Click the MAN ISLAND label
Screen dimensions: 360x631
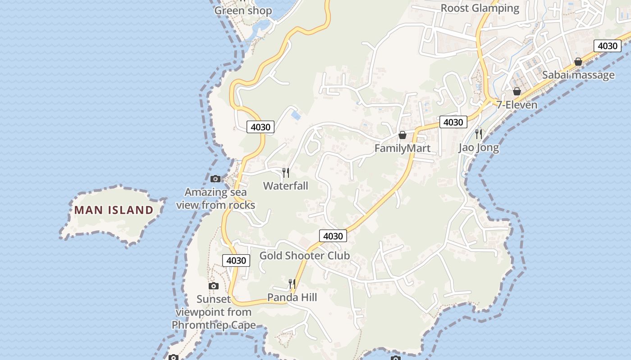[x=114, y=210]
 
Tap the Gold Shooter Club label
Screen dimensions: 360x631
[x=305, y=256]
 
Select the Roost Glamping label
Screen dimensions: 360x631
[x=480, y=8]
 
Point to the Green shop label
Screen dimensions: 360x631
[x=243, y=11]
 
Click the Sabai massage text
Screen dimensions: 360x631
[x=578, y=75]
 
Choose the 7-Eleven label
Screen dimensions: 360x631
[x=517, y=105]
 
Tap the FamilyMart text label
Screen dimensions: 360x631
[x=402, y=148]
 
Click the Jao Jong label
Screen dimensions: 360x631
[x=479, y=147]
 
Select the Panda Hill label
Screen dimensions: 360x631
[x=292, y=297]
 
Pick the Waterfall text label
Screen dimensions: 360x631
[x=286, y=186]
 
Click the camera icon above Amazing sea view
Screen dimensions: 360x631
[x=215, y=179]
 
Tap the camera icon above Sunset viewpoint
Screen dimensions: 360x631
[x=214, y=286]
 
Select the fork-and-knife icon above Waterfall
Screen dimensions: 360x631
[x=286, y=173]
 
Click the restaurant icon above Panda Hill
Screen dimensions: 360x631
[x=292, y=284]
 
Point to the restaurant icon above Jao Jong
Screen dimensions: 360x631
[x=479, y=134]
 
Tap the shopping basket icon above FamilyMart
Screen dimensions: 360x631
[x=402, y=135]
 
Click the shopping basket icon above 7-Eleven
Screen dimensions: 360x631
[x=517, y=91]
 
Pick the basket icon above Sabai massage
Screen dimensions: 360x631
[x=578, y=62]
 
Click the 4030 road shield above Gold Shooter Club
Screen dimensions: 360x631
[x=333, y=236]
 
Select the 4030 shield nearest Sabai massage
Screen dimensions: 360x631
[x=607, y=46]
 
